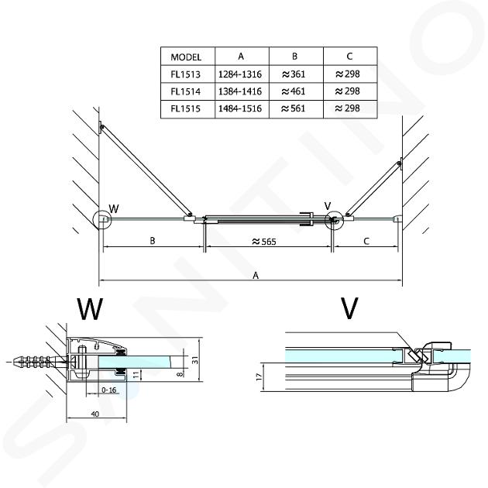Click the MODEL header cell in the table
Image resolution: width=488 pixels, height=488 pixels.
[x=186, y=57]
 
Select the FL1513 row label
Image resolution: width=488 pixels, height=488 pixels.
[x=185, y=74]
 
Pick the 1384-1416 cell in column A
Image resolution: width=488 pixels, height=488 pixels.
[x=240, y=91]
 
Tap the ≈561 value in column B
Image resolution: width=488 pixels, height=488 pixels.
[x=293, y=108]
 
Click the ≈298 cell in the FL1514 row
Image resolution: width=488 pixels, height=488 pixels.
[x=347, y=91]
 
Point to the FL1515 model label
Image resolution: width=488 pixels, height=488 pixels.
[x=185, y=108]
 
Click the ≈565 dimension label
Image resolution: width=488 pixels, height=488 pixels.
[x=264, y=242]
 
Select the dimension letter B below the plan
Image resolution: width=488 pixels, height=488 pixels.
[x=152, y=241]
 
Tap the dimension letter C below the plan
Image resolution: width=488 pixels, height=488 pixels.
[x=366, y=241]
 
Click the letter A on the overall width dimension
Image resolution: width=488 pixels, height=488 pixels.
[x=256, y=276]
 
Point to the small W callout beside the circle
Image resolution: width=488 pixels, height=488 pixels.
[x=114, y=208]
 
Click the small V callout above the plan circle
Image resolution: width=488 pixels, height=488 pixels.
[x=328, y=206]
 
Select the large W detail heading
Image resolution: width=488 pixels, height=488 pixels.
[x=90, y=309]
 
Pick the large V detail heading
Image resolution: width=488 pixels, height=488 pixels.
[x=349, y=308]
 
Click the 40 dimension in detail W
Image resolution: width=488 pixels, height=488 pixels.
[x=95, y=414]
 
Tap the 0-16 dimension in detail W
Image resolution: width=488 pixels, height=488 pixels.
[x=109, y=390]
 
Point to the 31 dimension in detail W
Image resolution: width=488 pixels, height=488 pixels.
[x=195, y=360]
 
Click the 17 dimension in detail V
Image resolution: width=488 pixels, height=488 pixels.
[x=259, y=377]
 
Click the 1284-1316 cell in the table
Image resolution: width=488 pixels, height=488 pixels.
[x=240, y=74]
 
